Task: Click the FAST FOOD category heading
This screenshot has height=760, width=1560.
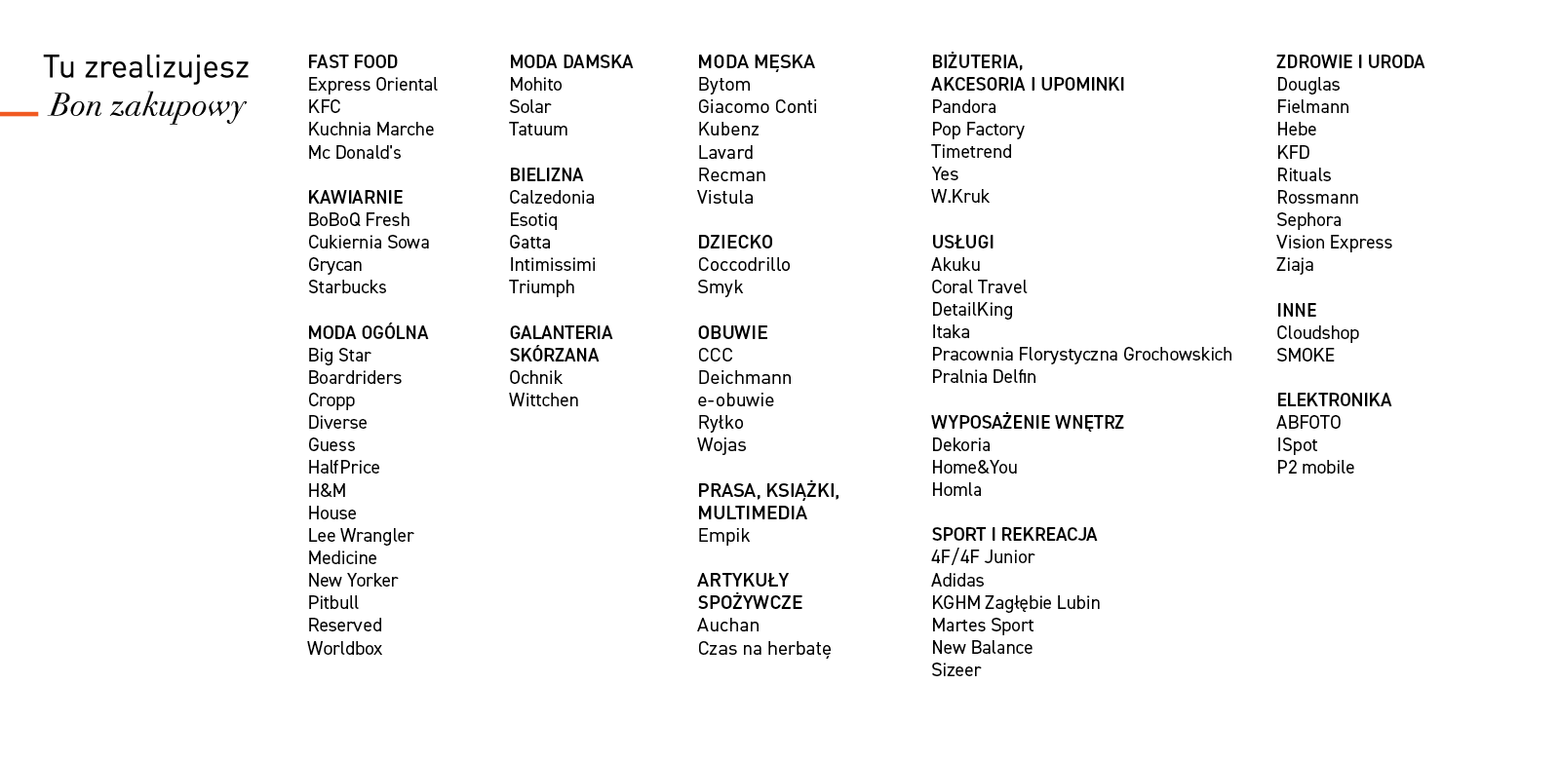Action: click(x=352, y=62)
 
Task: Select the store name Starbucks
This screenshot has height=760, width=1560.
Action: click(x=347, y=287)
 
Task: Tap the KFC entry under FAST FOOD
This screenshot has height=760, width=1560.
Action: click(x=324, y=107)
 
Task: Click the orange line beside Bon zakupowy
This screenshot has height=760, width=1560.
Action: click(x=19, y=114)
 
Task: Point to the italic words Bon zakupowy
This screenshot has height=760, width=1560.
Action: click(x=147, y=106)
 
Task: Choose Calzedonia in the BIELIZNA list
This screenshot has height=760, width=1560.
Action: click(x=551, y=198)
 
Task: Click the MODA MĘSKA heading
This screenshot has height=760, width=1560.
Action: click(x=756, y=62)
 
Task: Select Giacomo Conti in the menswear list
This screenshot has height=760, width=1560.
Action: click(x=757, y=107)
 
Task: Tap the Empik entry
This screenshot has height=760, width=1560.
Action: click(x=723, y=536)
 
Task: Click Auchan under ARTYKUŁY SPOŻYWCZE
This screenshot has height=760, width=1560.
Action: click(x=727, y=626)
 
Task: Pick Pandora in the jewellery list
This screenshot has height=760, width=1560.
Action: click(x=963, y=107)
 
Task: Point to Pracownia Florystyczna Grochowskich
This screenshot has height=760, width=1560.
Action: click(x=1081, y=355)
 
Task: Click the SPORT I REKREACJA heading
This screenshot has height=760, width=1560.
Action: click(x=1014, y=535)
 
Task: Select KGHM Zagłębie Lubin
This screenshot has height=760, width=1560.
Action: click(x=1015, y=603)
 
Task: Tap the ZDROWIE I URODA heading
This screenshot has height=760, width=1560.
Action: click(x=1350, y=62)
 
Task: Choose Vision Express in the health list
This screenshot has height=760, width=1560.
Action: click(x=1334, y=243)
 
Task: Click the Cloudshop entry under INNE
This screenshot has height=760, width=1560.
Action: click(x=1317, y=333)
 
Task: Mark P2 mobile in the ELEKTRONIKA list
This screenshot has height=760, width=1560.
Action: click(x=1315, y=468)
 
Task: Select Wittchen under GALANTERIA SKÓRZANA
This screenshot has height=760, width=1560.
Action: click(x=543, y=400)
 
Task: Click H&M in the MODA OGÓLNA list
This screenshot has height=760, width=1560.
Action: click(x=327, y=491)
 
